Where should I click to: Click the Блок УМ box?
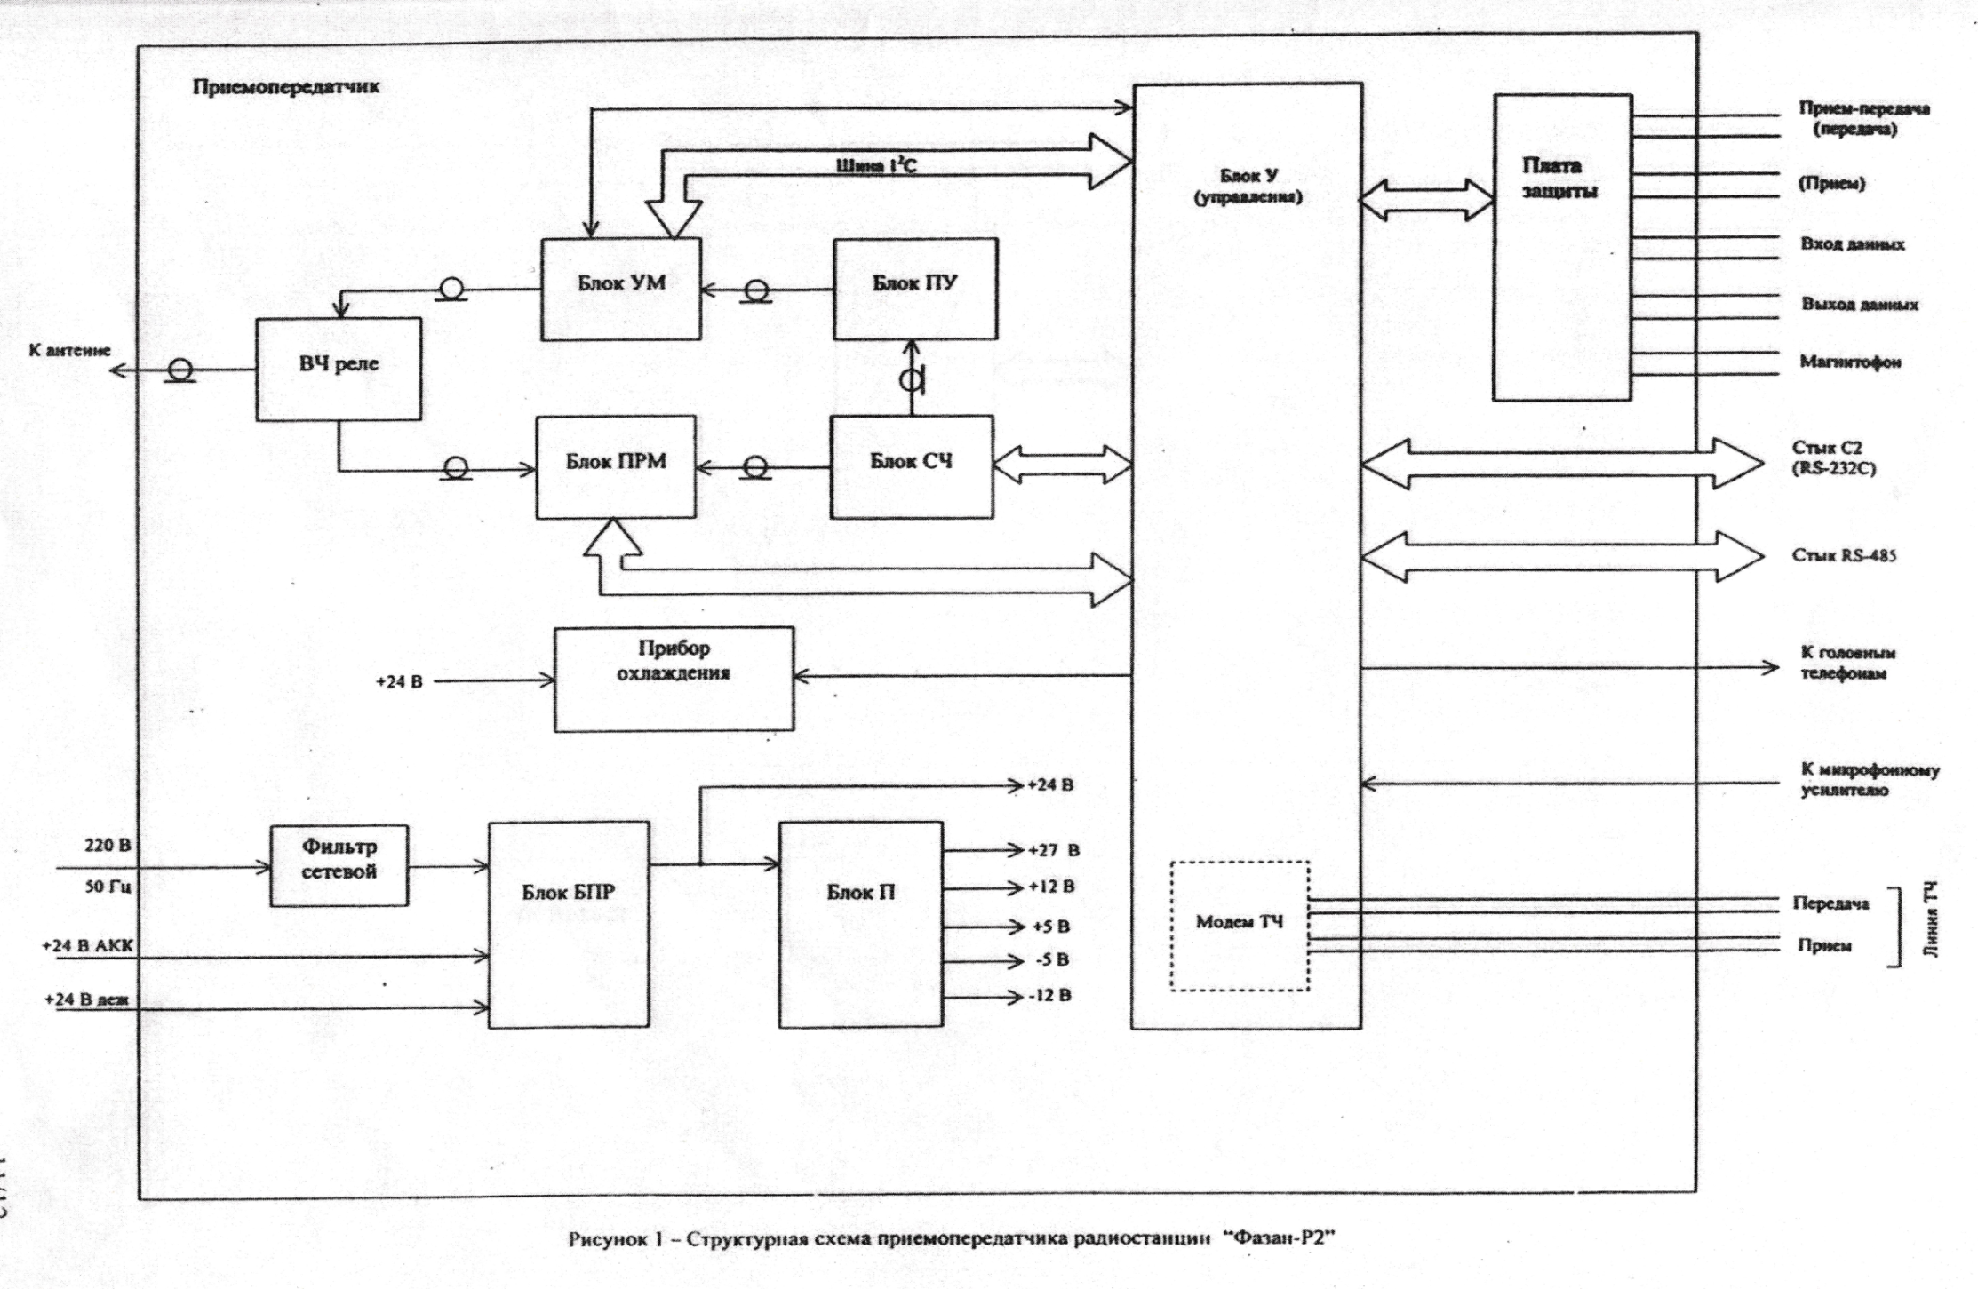620,289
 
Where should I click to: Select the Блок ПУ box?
914,289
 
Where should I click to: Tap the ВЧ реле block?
338,368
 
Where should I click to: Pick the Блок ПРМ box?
615,466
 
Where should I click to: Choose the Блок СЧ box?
911,466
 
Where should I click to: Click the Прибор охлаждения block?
674,679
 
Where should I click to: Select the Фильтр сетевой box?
339,865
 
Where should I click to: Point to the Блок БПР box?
568,924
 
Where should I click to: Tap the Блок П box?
860,924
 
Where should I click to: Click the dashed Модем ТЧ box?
1239,925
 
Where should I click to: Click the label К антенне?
69,350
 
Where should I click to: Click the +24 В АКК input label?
87,945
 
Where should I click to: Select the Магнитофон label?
1850,362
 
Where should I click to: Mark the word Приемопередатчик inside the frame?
285,87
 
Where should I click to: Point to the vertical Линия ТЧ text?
1931,920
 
